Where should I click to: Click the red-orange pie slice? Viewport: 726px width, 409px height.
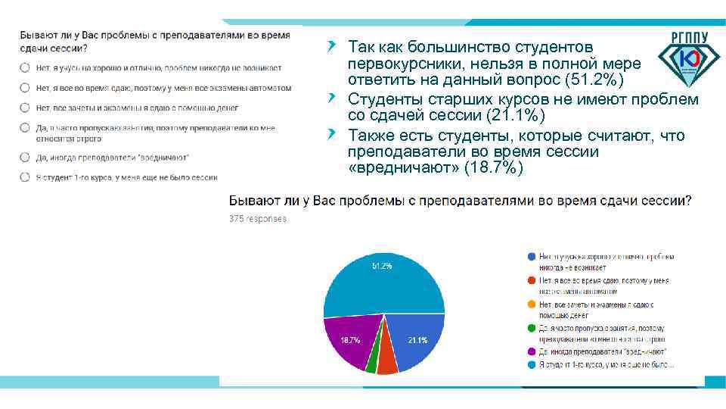coord(387,362)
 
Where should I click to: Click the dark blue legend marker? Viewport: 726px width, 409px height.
coord(532,257)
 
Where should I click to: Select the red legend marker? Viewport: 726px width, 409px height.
coord(532,281)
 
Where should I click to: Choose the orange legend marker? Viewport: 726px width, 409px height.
coord(532,304)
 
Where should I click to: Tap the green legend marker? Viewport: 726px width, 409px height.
coord(532,328)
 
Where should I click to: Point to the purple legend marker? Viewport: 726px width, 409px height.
coord(532,352)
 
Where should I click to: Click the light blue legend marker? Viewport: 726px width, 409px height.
coord(532,365)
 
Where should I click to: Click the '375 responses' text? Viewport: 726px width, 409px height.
coord(258,219)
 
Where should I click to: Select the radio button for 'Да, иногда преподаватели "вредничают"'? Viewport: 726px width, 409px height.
coord(25,157)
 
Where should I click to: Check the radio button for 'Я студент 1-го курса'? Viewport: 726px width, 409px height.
coord(25,177)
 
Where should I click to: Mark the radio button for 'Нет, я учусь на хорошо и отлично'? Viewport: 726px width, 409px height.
coord(25,67)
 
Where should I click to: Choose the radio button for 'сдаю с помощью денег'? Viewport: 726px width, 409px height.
coord(25,108)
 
